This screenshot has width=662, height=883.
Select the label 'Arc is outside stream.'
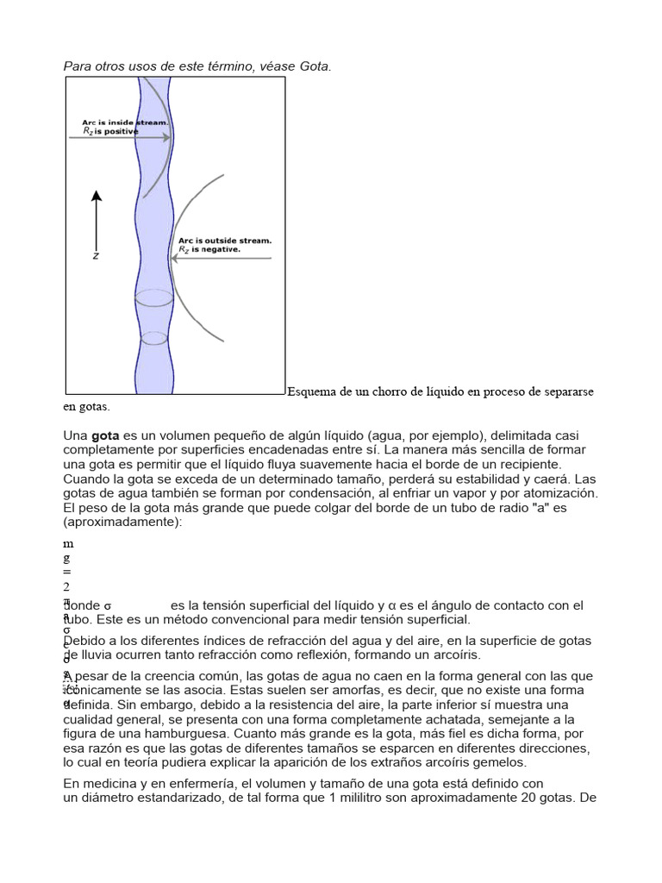click(224, 241)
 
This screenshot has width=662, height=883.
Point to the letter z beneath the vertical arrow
click(96, 256)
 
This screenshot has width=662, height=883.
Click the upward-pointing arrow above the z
click(97, 220)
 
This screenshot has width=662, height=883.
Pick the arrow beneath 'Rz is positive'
click(120, 139)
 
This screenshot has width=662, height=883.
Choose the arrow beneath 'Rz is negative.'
click(222, 257)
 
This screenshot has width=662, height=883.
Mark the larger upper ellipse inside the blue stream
click(154, 298)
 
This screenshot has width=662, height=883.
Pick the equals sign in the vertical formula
click(66, 572)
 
